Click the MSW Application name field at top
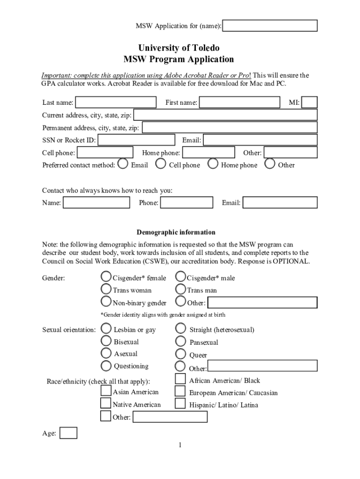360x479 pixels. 270,26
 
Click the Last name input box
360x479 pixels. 116,102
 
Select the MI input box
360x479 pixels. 310,102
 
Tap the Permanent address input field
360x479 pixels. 229,128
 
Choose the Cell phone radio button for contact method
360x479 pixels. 161,164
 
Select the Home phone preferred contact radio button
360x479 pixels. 213,164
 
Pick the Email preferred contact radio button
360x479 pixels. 123,164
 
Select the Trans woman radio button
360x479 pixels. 106,290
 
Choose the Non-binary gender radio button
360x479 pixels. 106,302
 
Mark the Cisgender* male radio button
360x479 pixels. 180,277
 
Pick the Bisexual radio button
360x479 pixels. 107,341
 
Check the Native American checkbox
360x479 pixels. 106,403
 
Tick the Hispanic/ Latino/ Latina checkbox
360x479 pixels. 180,403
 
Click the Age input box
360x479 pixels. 68,433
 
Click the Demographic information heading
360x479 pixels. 176,232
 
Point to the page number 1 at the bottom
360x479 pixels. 180,445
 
